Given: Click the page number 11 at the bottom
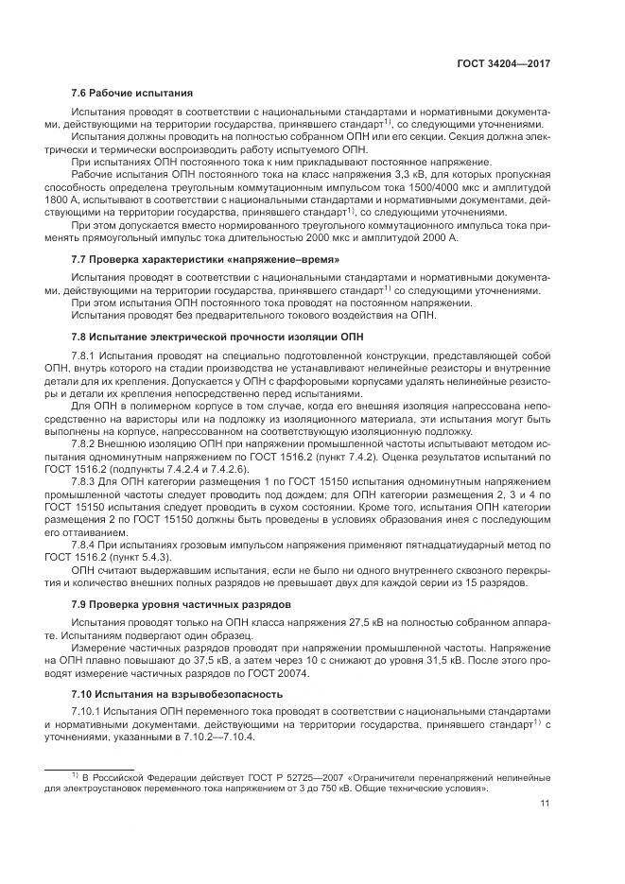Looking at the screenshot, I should (545, 804).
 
